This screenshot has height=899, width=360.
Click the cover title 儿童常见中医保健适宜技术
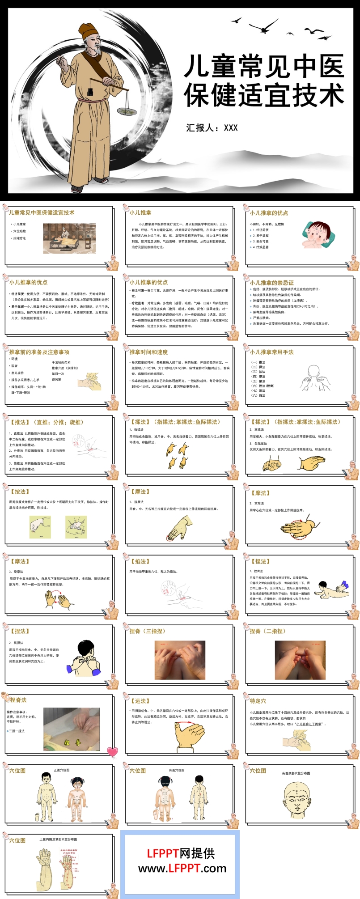tap(264, 81)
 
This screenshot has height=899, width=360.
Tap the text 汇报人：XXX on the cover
tap(212, 128)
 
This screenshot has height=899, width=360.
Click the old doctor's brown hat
tap(88, 30)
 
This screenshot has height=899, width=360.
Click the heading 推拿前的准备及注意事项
tap(39, 352)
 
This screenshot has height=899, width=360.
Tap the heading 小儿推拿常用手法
tap(272, 352)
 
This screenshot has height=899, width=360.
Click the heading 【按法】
tap(19, 492)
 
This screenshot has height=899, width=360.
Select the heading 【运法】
tap(140, 701)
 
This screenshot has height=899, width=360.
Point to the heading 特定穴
tap(258, 701)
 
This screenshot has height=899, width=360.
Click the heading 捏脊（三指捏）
tap(147, 631)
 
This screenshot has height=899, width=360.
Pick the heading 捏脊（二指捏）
tap(267, 631)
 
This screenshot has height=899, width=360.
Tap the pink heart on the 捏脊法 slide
tap(112, 751)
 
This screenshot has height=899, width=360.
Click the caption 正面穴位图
tap(62, 770)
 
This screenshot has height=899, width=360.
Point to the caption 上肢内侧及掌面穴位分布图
tap(58, 840)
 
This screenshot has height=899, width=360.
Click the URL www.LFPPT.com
tap(182, 869)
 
